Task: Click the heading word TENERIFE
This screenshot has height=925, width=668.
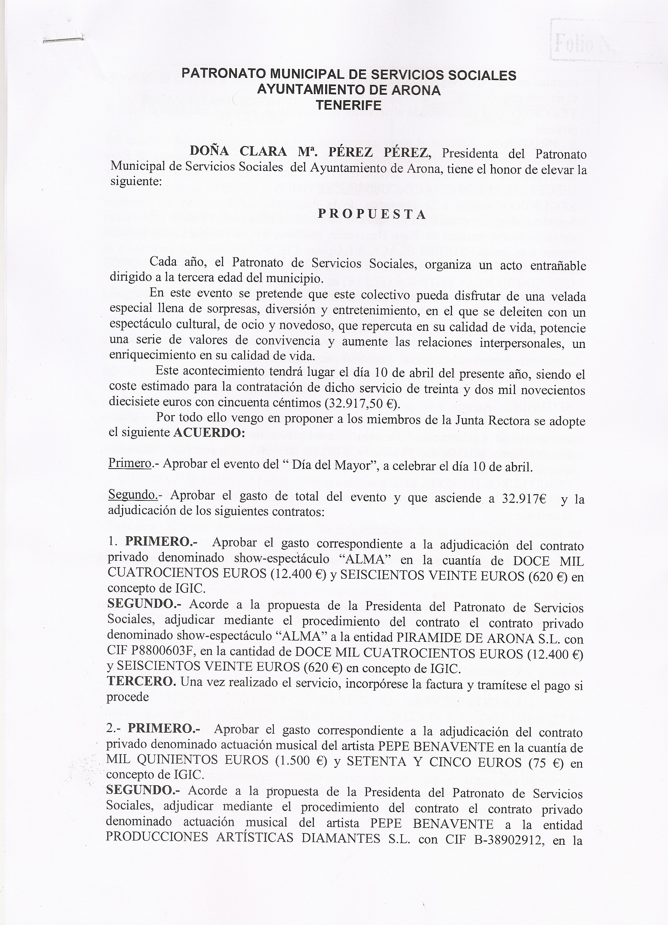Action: click(x=349, y=106)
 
